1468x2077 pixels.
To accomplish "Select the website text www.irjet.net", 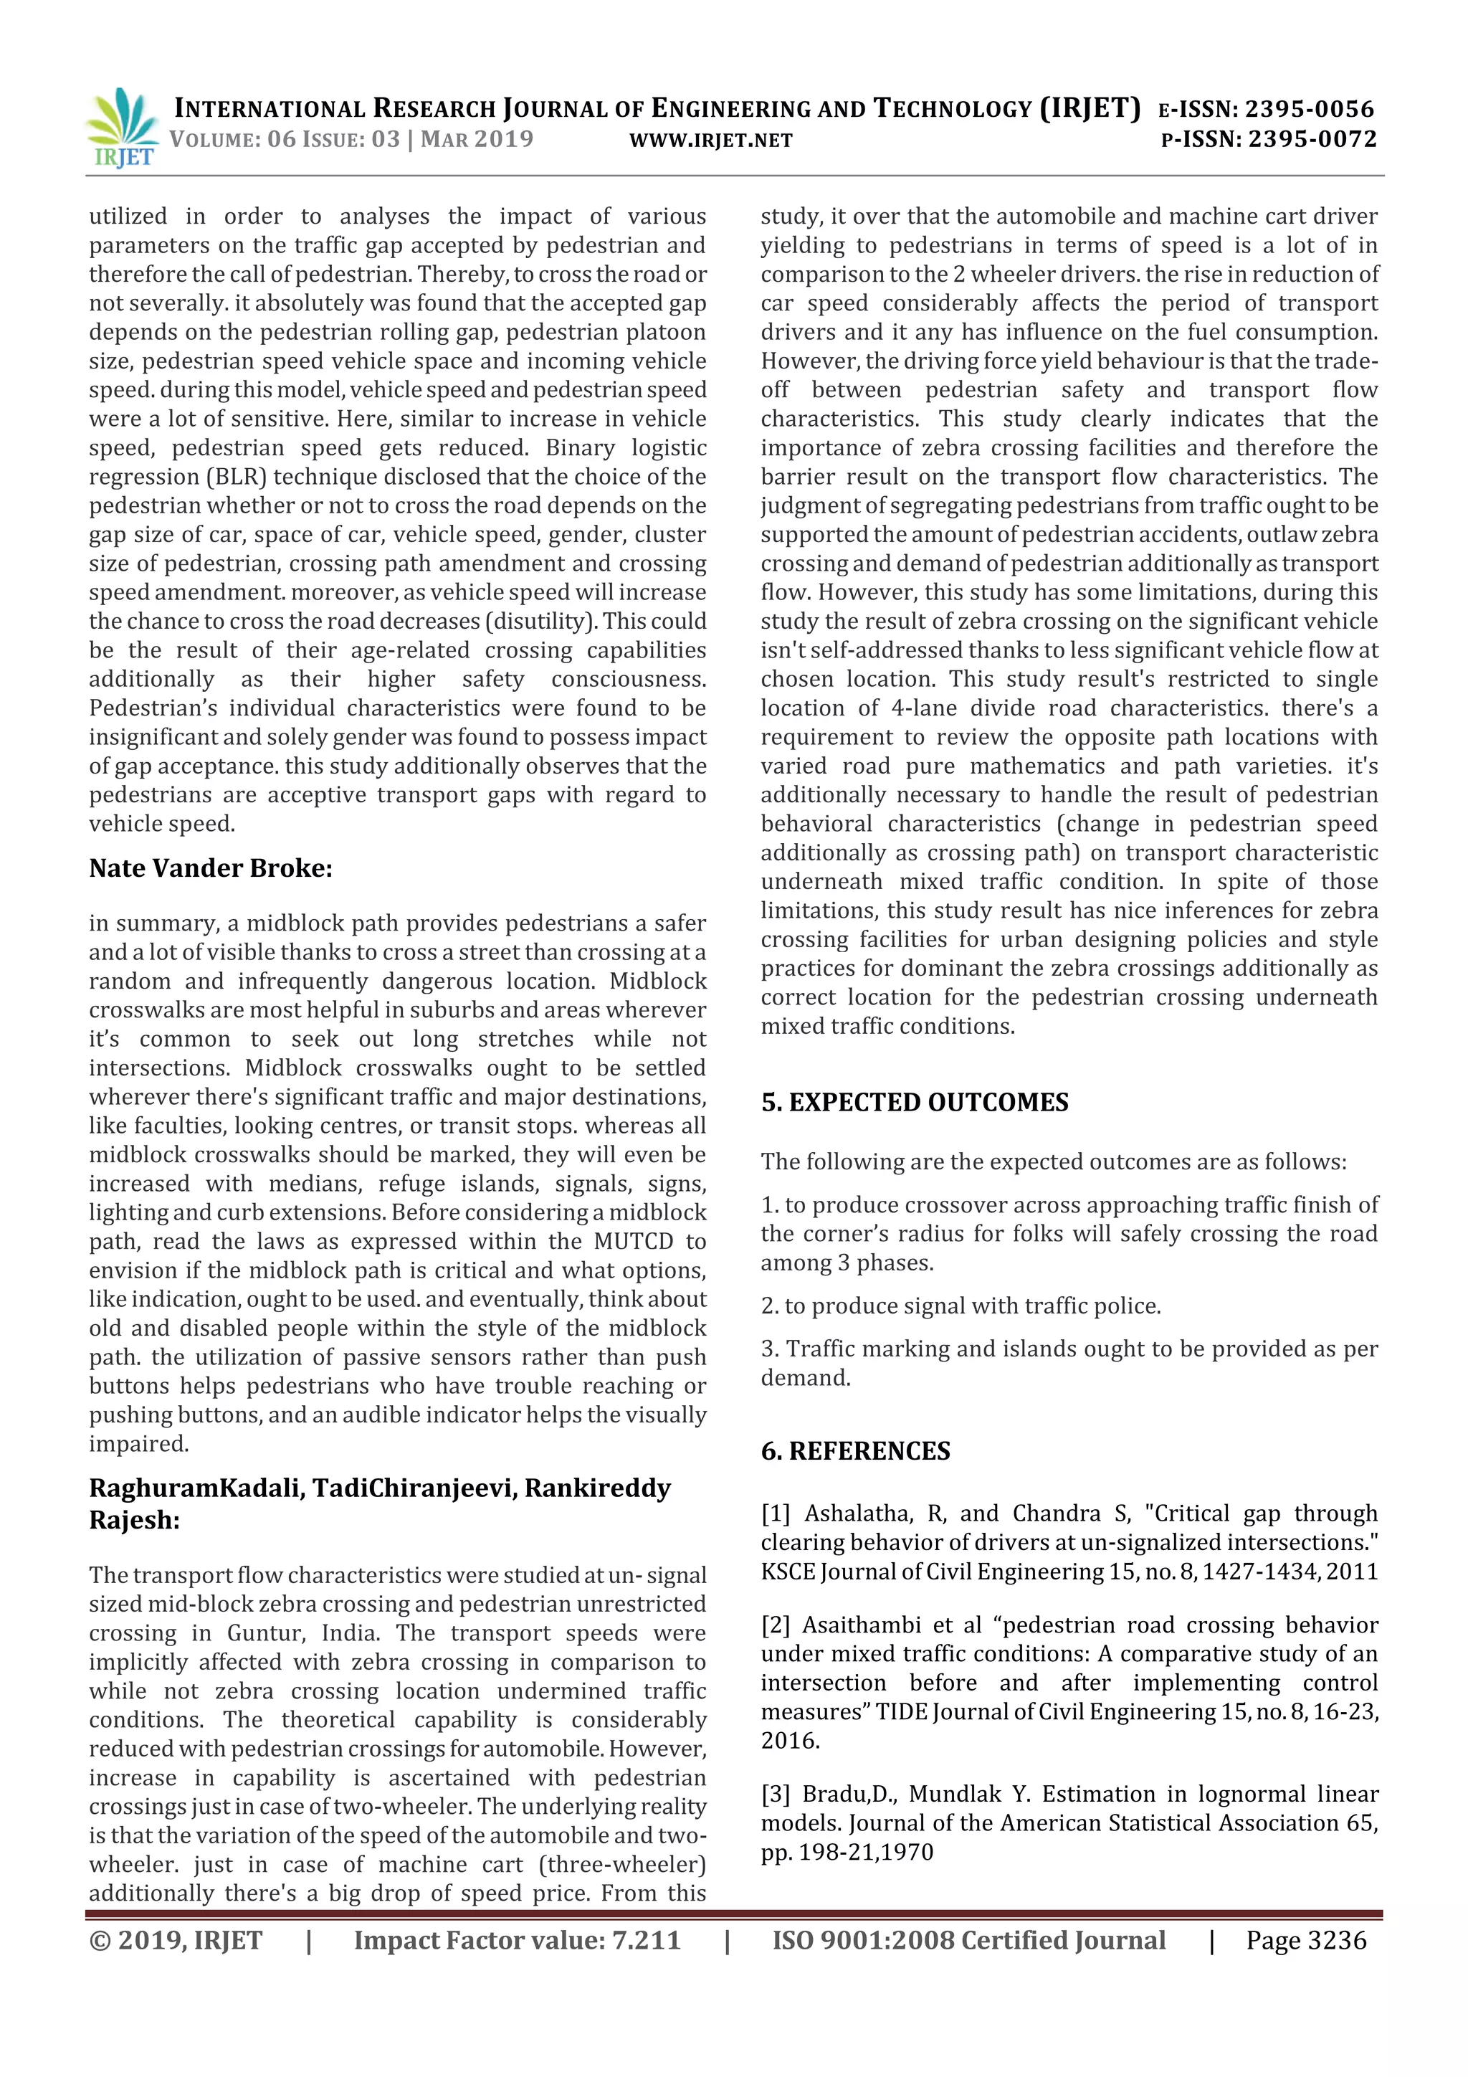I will tap(710, 141).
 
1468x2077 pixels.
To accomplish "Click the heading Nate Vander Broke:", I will tap(211, 868).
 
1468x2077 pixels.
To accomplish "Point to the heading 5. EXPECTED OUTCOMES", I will tap(915, 1102).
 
